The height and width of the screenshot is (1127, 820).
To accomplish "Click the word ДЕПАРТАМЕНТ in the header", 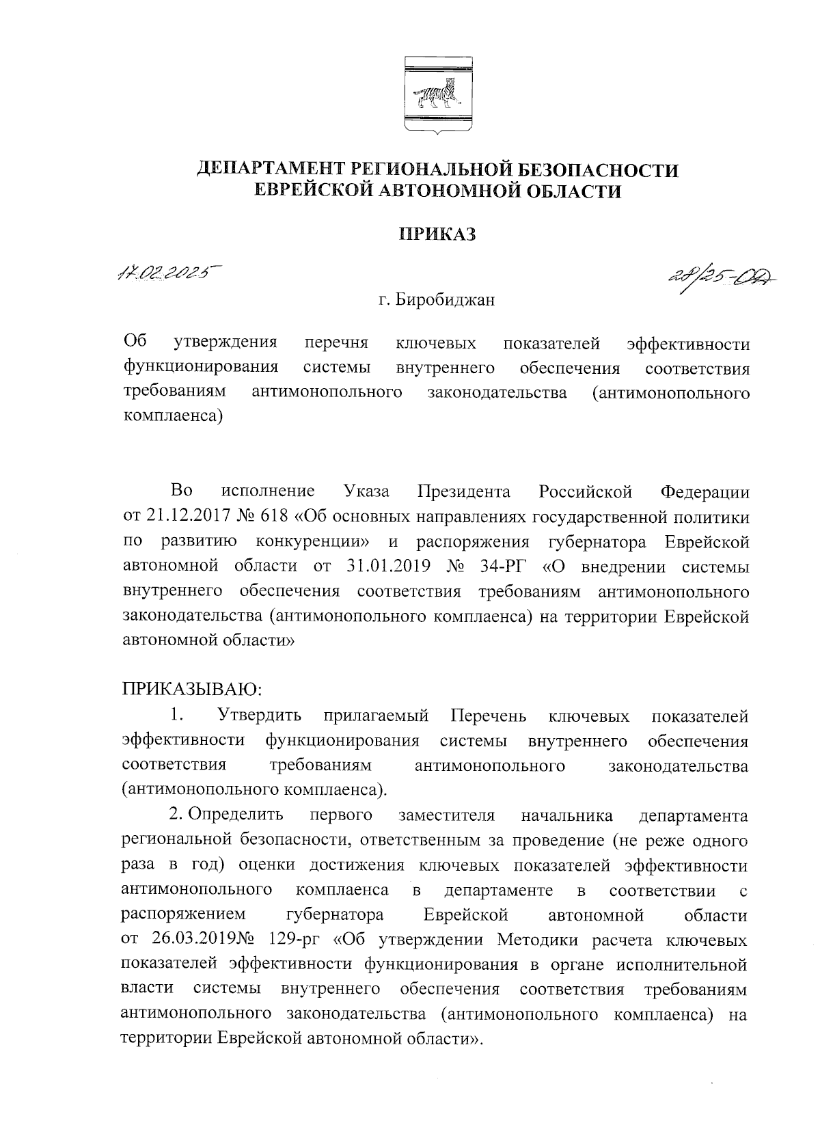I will point(271,169).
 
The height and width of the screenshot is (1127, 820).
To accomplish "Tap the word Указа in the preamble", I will point(367,492).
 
